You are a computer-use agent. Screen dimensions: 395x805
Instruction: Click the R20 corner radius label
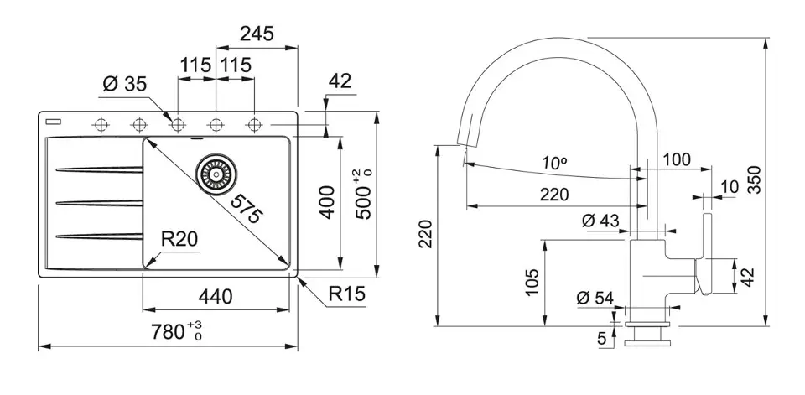pyautogui.click(x=179, y=239)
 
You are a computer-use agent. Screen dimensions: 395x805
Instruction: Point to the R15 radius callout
pyautogui.click(x=346, y=294)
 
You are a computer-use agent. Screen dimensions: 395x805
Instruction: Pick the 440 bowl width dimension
pyautogui.click(x=216, y=296)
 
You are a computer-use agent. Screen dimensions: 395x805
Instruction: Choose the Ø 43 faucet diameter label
pyautogui.click(x=600, y=221)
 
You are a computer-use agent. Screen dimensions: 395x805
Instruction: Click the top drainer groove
pyautogui.click(x=96, y=171)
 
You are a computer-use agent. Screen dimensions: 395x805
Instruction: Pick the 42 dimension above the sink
pyautogui.click(x=340, y=81)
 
